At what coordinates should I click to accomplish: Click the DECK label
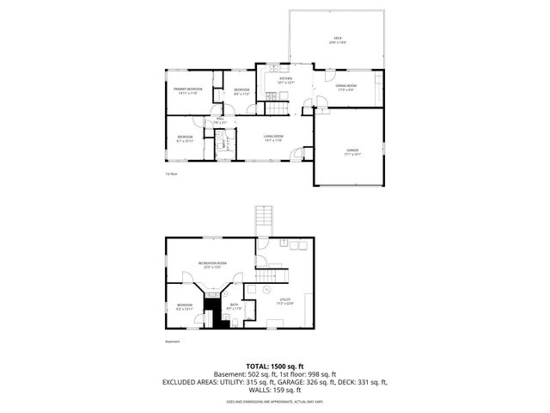click(x=338, y=38)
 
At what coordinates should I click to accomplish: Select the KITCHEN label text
click(x=274, y=78)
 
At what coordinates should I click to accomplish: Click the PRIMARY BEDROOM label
click(x=188, y=89)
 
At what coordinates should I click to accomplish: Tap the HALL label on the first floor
click(x=219, y=119)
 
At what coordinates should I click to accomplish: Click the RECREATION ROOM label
click(x=211, y=262)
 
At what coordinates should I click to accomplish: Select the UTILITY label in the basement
click(x=284, y=299)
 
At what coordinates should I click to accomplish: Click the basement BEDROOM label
click(x=185, y=305)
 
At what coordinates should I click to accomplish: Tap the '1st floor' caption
click(x=171, y=174)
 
